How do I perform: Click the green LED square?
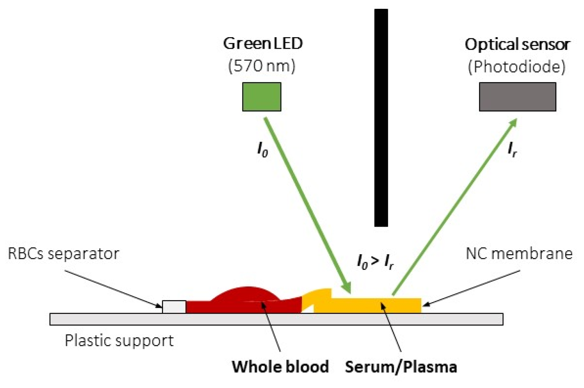click(261, 97)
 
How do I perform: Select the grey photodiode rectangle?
click(517, 97)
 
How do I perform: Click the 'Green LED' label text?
click(263, 43)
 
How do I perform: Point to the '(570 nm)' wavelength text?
click(262, 66)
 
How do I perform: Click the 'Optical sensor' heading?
click(517, 44)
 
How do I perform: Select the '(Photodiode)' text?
click(516, 67)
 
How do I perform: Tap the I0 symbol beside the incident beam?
click(262, 149)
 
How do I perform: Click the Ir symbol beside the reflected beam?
click(512, 149)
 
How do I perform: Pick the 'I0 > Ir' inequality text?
click(375, 262)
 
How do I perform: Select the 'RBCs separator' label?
click(63, 253)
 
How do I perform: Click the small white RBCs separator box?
click(174, 307)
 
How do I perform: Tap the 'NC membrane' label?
click(519, 253)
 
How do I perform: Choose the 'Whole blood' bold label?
click(280, 367)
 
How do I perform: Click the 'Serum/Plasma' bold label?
click(401, 367)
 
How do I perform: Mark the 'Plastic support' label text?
click(119, 340)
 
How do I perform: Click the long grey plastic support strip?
click(276, 319)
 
